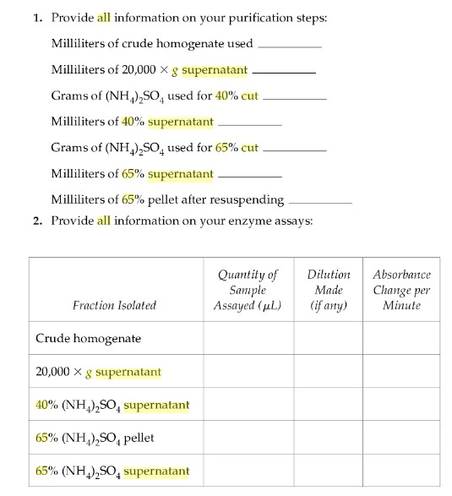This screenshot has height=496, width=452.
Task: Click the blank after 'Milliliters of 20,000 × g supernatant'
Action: click(x=284, y=72)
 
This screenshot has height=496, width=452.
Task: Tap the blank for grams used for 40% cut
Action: click(x=295, y=98)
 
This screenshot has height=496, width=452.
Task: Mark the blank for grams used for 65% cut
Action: click(x=295, y=150)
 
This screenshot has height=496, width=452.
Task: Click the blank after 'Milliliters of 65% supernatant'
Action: click(x=250, y=176)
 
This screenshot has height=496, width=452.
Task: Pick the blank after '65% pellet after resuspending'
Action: click(x=320, y=202)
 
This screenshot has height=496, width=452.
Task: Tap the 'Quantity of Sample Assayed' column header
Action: click(x=248, y=290)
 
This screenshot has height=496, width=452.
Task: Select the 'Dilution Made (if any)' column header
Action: click(x=329, y=290)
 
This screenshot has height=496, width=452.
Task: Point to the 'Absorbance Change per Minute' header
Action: click(x=401, y=290)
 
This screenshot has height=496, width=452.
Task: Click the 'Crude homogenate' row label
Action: click(x=88, y=339)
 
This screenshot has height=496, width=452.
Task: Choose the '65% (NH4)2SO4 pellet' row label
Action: click(x=95, y=438)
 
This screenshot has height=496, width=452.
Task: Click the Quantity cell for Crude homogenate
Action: click(x=248, y=339)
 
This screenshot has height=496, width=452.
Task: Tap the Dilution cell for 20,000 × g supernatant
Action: click(x=329, y=372)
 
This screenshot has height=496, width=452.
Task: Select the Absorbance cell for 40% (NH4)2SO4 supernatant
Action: click(x=401, y=405)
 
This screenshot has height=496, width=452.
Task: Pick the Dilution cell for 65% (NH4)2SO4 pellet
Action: click(x=329, y=438)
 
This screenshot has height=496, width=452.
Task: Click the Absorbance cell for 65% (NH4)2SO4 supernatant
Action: click(x=401, y=471)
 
